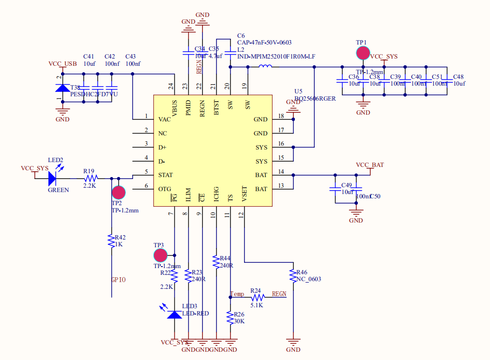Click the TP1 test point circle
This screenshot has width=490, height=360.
coord(363,53)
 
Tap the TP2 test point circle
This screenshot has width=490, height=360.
coord(119,193)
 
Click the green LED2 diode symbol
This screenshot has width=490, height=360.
coord(53,178)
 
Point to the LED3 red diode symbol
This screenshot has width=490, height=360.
coord(174,315)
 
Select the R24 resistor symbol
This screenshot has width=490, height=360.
coord(257,297)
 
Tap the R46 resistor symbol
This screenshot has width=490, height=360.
coord(292,276)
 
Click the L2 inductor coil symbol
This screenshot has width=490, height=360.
coord(265,67)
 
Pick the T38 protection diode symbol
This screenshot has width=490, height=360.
coord(62,88)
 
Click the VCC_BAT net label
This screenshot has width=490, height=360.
coord(369,165)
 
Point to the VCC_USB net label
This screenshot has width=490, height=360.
coord(62,64)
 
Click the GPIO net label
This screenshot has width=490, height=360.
coord(119,280)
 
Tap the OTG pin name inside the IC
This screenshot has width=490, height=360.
coord(165,189)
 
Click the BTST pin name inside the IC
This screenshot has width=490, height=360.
coord(216,107)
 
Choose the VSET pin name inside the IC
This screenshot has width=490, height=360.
coord(245,195)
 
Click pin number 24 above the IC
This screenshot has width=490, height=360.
coord(171,86)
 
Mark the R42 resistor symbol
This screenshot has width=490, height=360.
coord(112,240)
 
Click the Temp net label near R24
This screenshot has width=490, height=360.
coord(237,294)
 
